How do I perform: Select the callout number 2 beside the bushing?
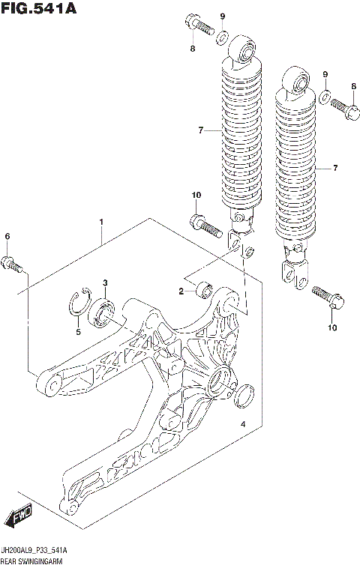click(181, 291)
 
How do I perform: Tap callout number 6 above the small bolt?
click(7, 237)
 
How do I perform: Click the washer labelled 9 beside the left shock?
click(223, 37)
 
